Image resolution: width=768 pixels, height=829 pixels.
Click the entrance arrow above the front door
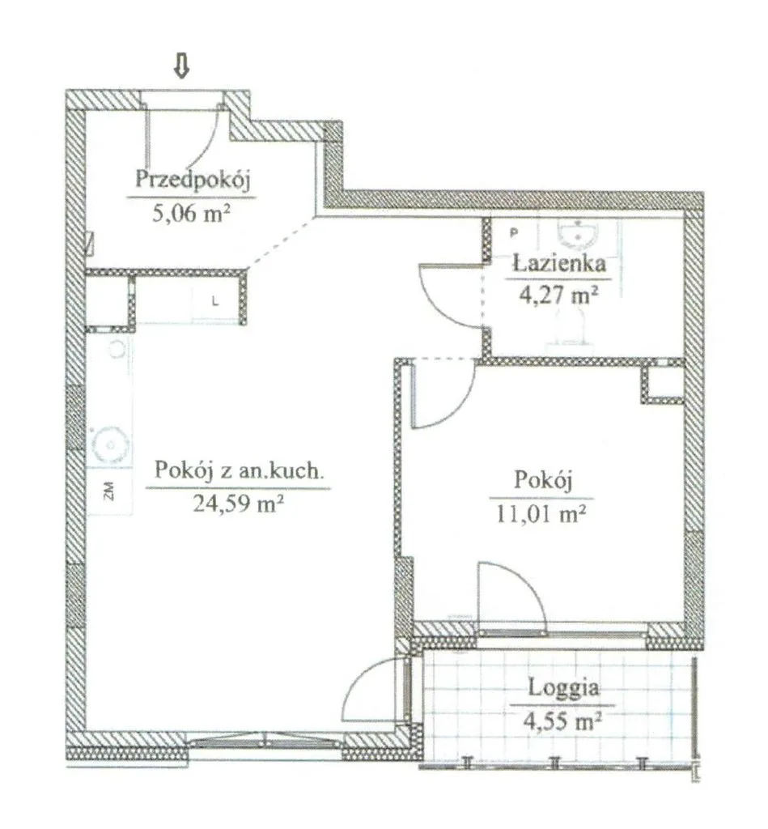(182, 66)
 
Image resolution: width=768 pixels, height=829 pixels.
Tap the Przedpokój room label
(193, 179)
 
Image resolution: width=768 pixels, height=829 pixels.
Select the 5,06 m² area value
(191, 214)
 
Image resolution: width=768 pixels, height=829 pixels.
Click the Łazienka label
(560, 263)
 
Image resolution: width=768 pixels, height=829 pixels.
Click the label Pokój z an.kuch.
(238, 470)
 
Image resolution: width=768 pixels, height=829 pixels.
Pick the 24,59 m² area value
(239, 503)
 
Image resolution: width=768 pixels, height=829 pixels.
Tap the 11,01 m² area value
(541, 512)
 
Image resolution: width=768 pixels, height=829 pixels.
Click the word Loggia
(563, 688)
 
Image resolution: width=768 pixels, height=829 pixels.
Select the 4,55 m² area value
(563, 720)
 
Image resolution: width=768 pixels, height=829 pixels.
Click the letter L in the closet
(215, 302)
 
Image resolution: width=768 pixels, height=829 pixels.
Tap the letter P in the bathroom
(514, 232)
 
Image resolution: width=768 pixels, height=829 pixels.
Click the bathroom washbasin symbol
(578, 234)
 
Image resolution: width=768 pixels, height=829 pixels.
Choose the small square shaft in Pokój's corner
(663, 382)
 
